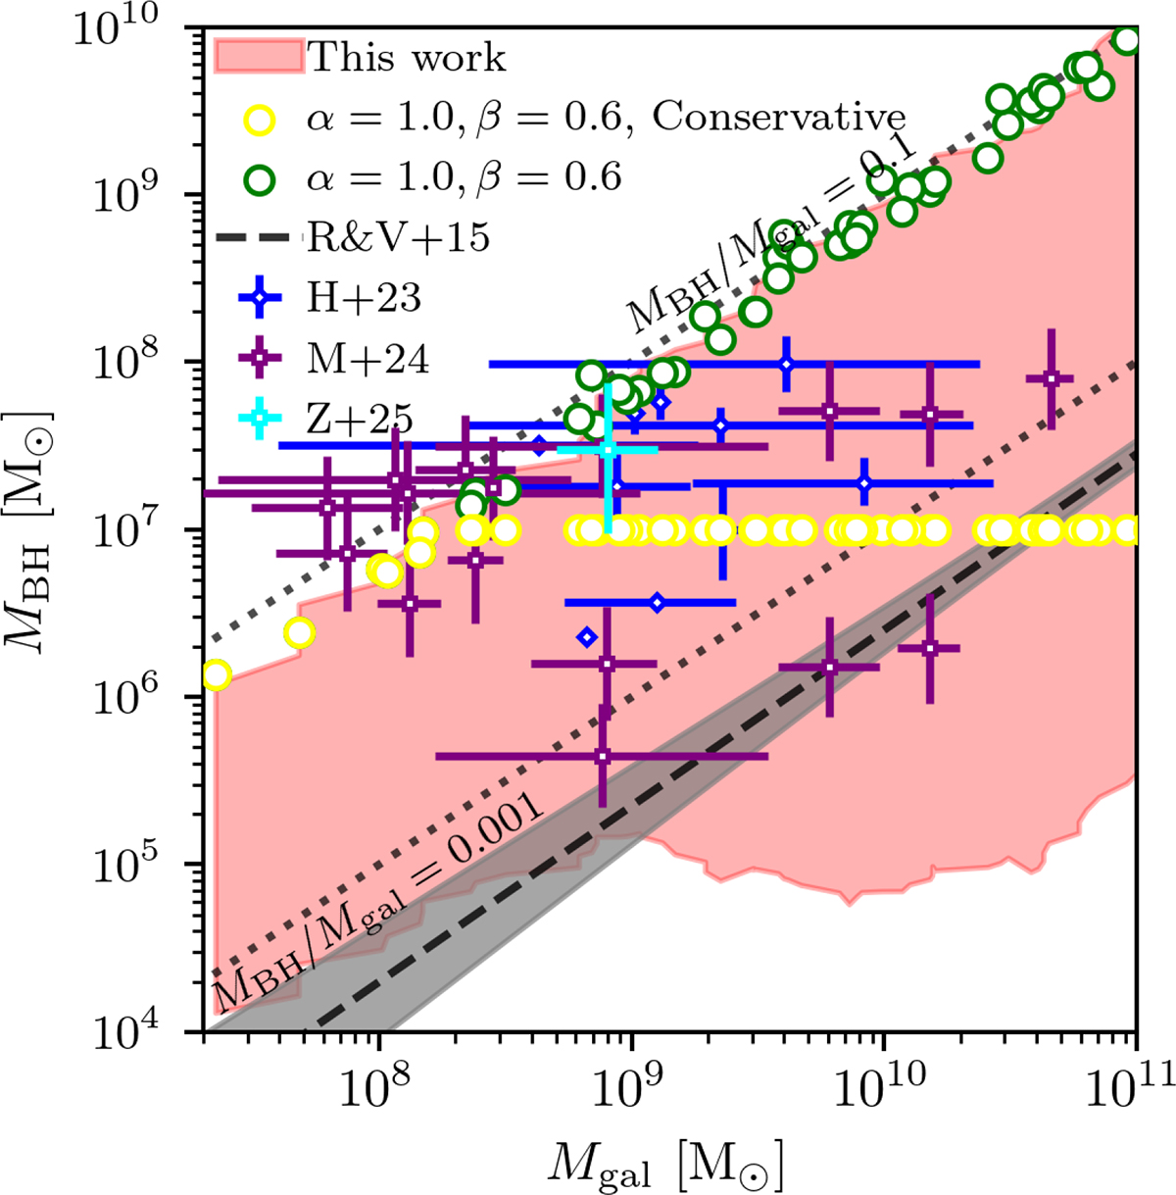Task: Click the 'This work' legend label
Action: [x=408, y=58]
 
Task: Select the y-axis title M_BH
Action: [x=44, y=529]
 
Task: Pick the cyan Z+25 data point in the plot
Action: [x=609, y=449]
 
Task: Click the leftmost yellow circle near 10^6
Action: [x=217, y=675]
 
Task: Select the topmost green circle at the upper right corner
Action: [x=1128, y=40]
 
